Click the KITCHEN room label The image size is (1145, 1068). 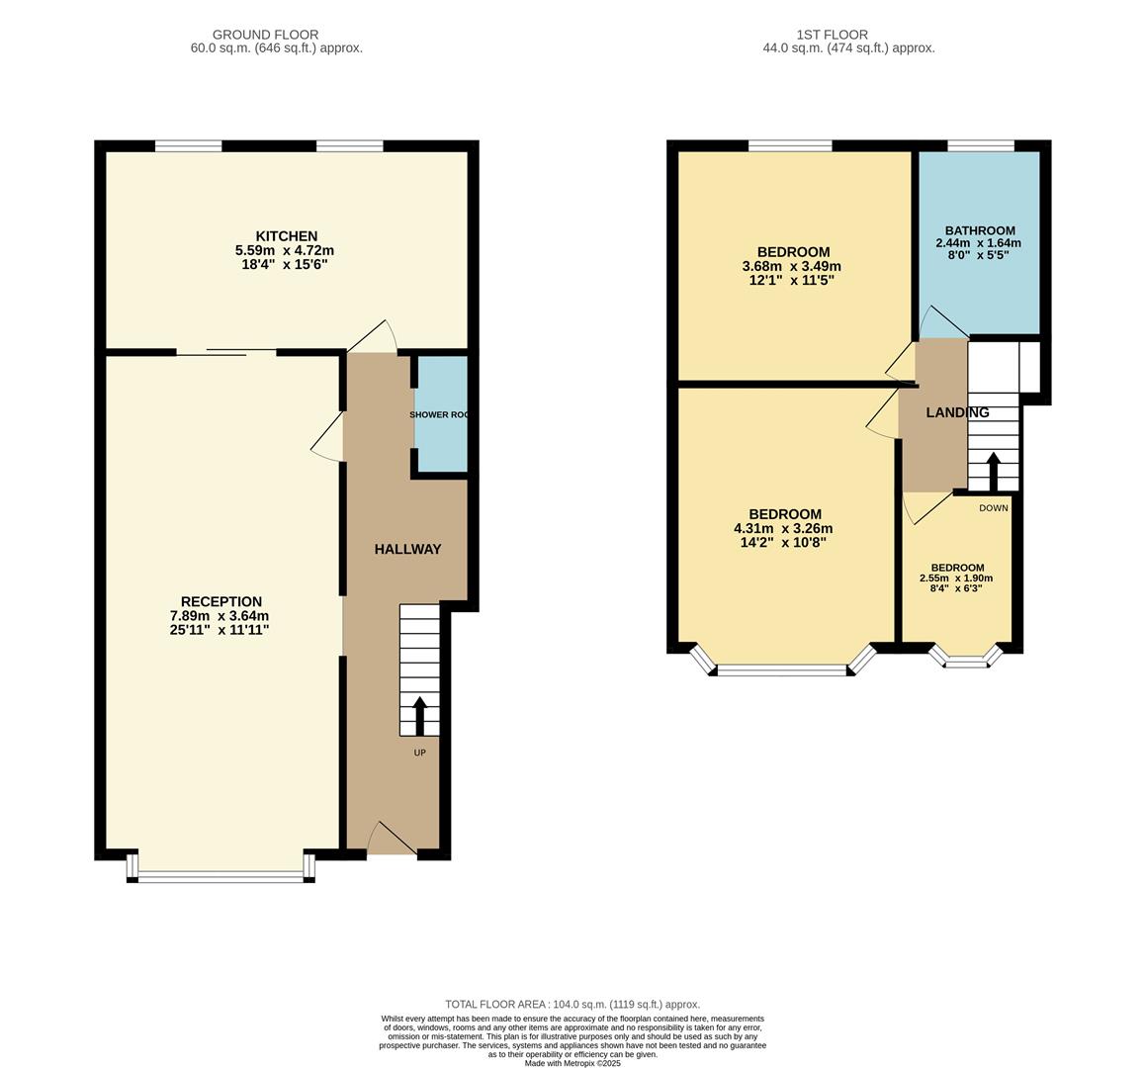(x=287, y=236)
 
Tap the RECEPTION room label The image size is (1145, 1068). (x=220, y=601)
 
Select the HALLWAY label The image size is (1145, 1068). (x=407, y=550)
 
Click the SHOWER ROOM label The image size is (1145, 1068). (x=439, y=414)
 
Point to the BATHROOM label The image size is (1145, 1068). (x=979, y=230)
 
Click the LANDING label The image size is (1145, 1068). (x=957, y=412)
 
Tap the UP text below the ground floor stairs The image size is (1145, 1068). (x=419, y=753)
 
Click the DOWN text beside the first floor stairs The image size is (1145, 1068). (x=993, y=508)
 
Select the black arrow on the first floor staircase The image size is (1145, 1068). (x=992, y=472)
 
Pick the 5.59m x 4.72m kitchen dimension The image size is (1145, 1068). (x=286, y=251)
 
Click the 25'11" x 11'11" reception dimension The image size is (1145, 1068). (x=220, y=630)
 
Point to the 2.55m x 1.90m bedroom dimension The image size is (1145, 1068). (x=956, y=578)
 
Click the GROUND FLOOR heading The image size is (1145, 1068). (x=265, y=35)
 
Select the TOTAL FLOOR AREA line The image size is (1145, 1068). (x=572, y=1004)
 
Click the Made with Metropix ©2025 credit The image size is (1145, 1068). (x=572, y=1063)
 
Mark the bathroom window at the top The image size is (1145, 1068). (x=981, y=146)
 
